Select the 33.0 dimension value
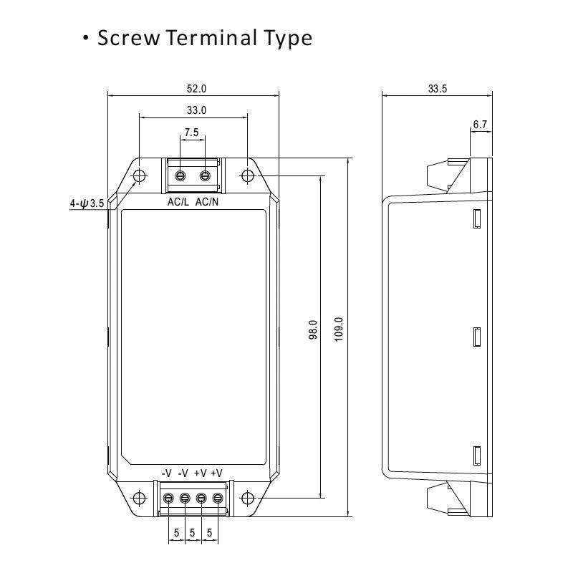(193, 110)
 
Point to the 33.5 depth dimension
(437, 87)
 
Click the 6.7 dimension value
(480, 125)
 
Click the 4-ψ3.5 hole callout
(87, 203)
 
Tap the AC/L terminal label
(178, 203)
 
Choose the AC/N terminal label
(208, 203)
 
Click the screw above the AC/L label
(181, 175)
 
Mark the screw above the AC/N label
(206, 175)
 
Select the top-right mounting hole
(248, 175)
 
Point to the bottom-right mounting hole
(248, 497)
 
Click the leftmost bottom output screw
(169, 497)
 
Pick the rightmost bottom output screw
(218, 497)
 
